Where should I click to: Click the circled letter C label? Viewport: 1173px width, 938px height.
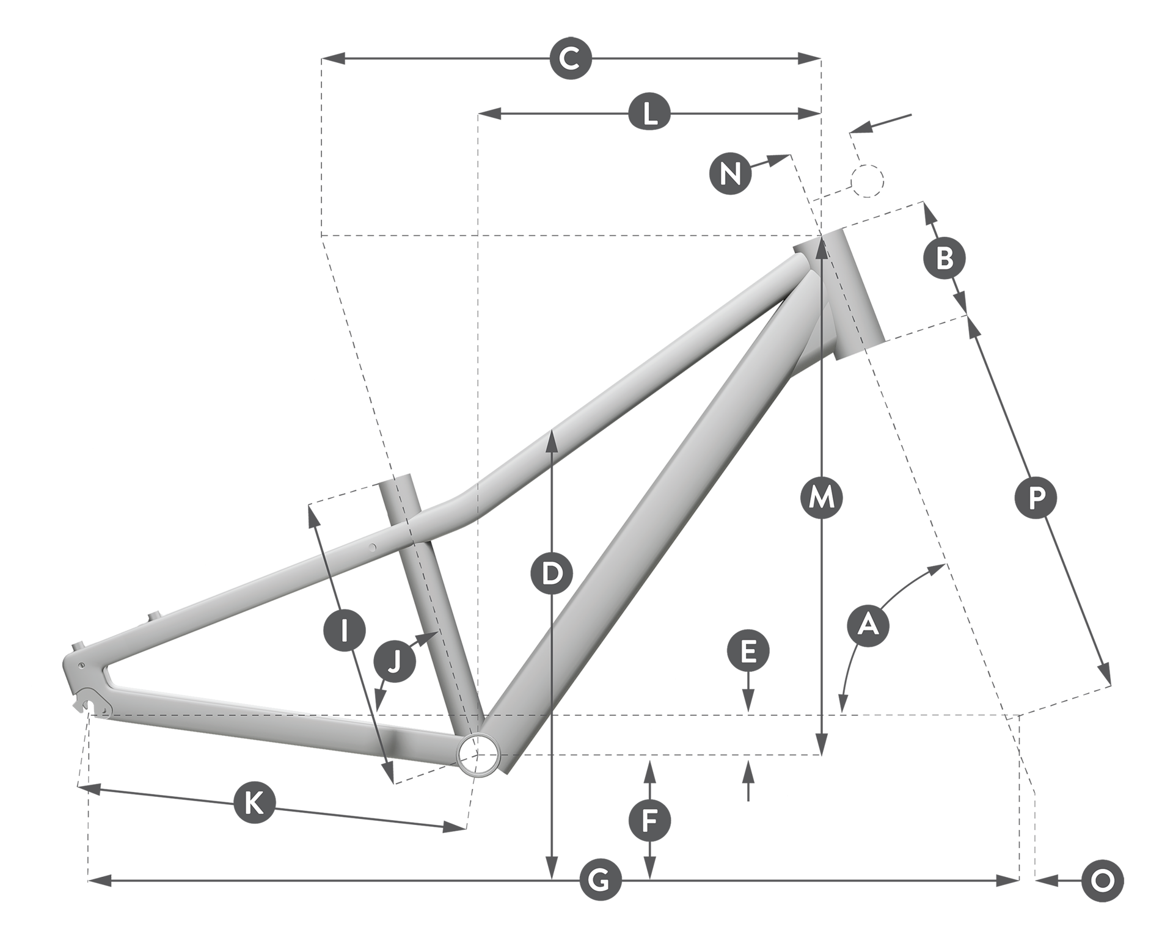[570, 59]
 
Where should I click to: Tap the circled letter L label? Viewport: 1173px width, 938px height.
[649, 113]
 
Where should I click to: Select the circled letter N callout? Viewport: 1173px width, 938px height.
[730, 173]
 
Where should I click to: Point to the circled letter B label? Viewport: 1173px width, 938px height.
[944, 258]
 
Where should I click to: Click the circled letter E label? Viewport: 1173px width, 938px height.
[748, 652]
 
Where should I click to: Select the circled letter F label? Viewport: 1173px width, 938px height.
[649, 821]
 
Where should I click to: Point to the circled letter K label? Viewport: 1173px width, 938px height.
[254, 802]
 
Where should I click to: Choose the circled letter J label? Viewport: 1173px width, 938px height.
[394, 661]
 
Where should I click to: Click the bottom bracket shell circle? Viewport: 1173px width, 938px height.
[478, 755]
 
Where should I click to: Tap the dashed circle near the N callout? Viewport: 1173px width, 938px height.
[867, 180]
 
